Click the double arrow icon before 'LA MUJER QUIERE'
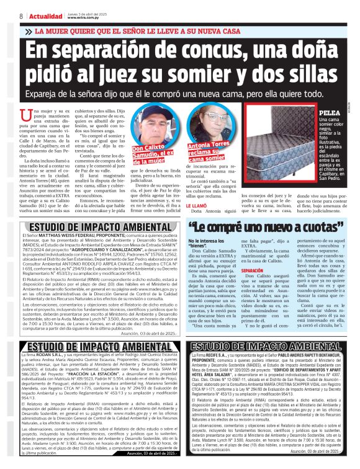(x=28, y=30)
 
